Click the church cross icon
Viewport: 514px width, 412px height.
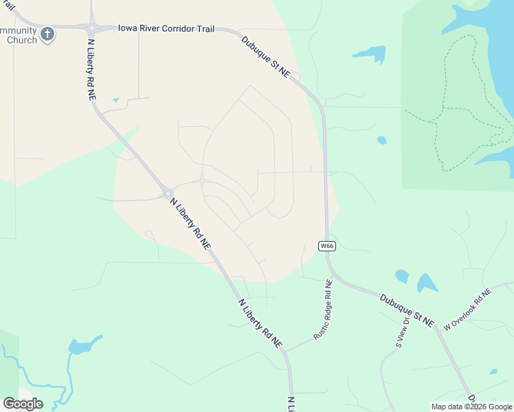pos(47,34)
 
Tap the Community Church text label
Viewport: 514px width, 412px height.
pos(19,35)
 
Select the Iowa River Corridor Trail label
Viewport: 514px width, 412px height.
pos(166,29)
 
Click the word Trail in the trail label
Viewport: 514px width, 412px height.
pos(203,29)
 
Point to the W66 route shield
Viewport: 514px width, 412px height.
pos(326,245)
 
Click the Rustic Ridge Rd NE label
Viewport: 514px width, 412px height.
pos(323,310)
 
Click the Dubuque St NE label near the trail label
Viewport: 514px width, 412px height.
pos(265,57)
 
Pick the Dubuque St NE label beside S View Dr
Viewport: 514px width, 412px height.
pos(407,310)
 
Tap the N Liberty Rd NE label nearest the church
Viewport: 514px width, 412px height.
pos(91,69)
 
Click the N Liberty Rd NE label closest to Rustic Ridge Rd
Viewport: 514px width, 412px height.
pos(260,321)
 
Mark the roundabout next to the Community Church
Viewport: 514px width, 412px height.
pos(91,28)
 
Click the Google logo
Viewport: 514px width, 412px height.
pos(23,404)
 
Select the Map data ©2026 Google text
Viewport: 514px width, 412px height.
pos(471,407)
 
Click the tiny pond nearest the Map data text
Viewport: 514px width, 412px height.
pos(493,371)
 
